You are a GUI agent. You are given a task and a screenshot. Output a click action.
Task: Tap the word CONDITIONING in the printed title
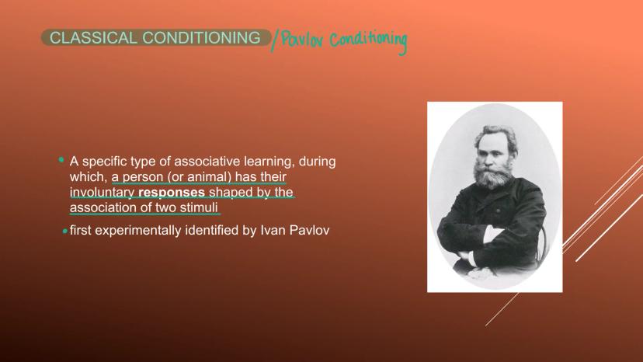[x=201, y=38]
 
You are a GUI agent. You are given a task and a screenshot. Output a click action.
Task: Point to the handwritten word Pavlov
[x=303, y=40]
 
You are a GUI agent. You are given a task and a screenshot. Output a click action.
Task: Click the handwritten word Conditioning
[x=368, y=41]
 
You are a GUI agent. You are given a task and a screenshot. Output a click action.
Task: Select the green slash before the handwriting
[x=274, y=40]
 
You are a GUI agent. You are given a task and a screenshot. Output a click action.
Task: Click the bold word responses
[x=172, y=192]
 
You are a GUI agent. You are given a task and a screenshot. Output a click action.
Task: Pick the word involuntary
[x=102, y=192]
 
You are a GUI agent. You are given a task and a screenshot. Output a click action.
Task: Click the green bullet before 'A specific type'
[x=61, y=160]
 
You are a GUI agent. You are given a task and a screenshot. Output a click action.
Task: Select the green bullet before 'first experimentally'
[x=64, y=231]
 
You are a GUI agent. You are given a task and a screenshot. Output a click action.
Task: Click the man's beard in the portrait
[x=492, y=176]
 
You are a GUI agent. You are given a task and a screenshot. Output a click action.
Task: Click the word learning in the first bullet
[x=269, y=162]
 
